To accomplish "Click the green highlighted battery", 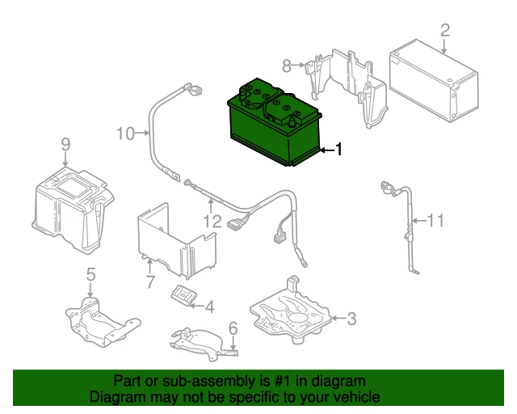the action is (274, 124).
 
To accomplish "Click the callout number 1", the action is (338, 150).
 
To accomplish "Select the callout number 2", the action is (445, 30).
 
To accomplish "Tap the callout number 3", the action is (352, 319).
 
